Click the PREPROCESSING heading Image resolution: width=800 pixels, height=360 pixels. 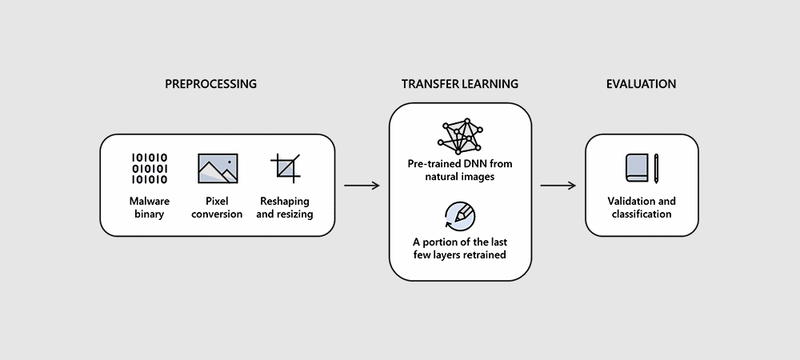tap(210, 84)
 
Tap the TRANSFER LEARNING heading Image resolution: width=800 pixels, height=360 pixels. tap(460, 84)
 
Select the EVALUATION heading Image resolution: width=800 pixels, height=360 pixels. tap(641, 84)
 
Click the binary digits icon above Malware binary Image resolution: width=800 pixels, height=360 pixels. tap(149, 168)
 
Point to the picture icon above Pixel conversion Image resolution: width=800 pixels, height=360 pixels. tap(218, 168)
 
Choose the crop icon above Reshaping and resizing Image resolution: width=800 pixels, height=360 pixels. tap(284, 168)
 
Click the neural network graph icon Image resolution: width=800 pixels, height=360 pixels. tap(460, 136)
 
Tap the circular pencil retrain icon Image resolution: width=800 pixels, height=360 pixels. tap(460, 214)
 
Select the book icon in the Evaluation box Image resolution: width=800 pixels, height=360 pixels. tap(637, 168)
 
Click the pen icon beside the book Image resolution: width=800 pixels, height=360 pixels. tap(656, 168)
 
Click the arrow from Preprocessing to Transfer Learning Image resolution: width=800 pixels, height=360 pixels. tap(362, 186)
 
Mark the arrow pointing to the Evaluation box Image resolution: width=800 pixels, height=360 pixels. tap(558, 186)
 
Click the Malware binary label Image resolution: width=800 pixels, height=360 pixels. tap(149, 208)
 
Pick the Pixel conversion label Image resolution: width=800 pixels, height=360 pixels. tap(218, 208)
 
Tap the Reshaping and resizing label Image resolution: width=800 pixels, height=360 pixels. tap(286, 208)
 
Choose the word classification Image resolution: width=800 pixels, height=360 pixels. tap(641, 214)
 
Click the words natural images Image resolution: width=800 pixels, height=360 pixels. tap(460, 177)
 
